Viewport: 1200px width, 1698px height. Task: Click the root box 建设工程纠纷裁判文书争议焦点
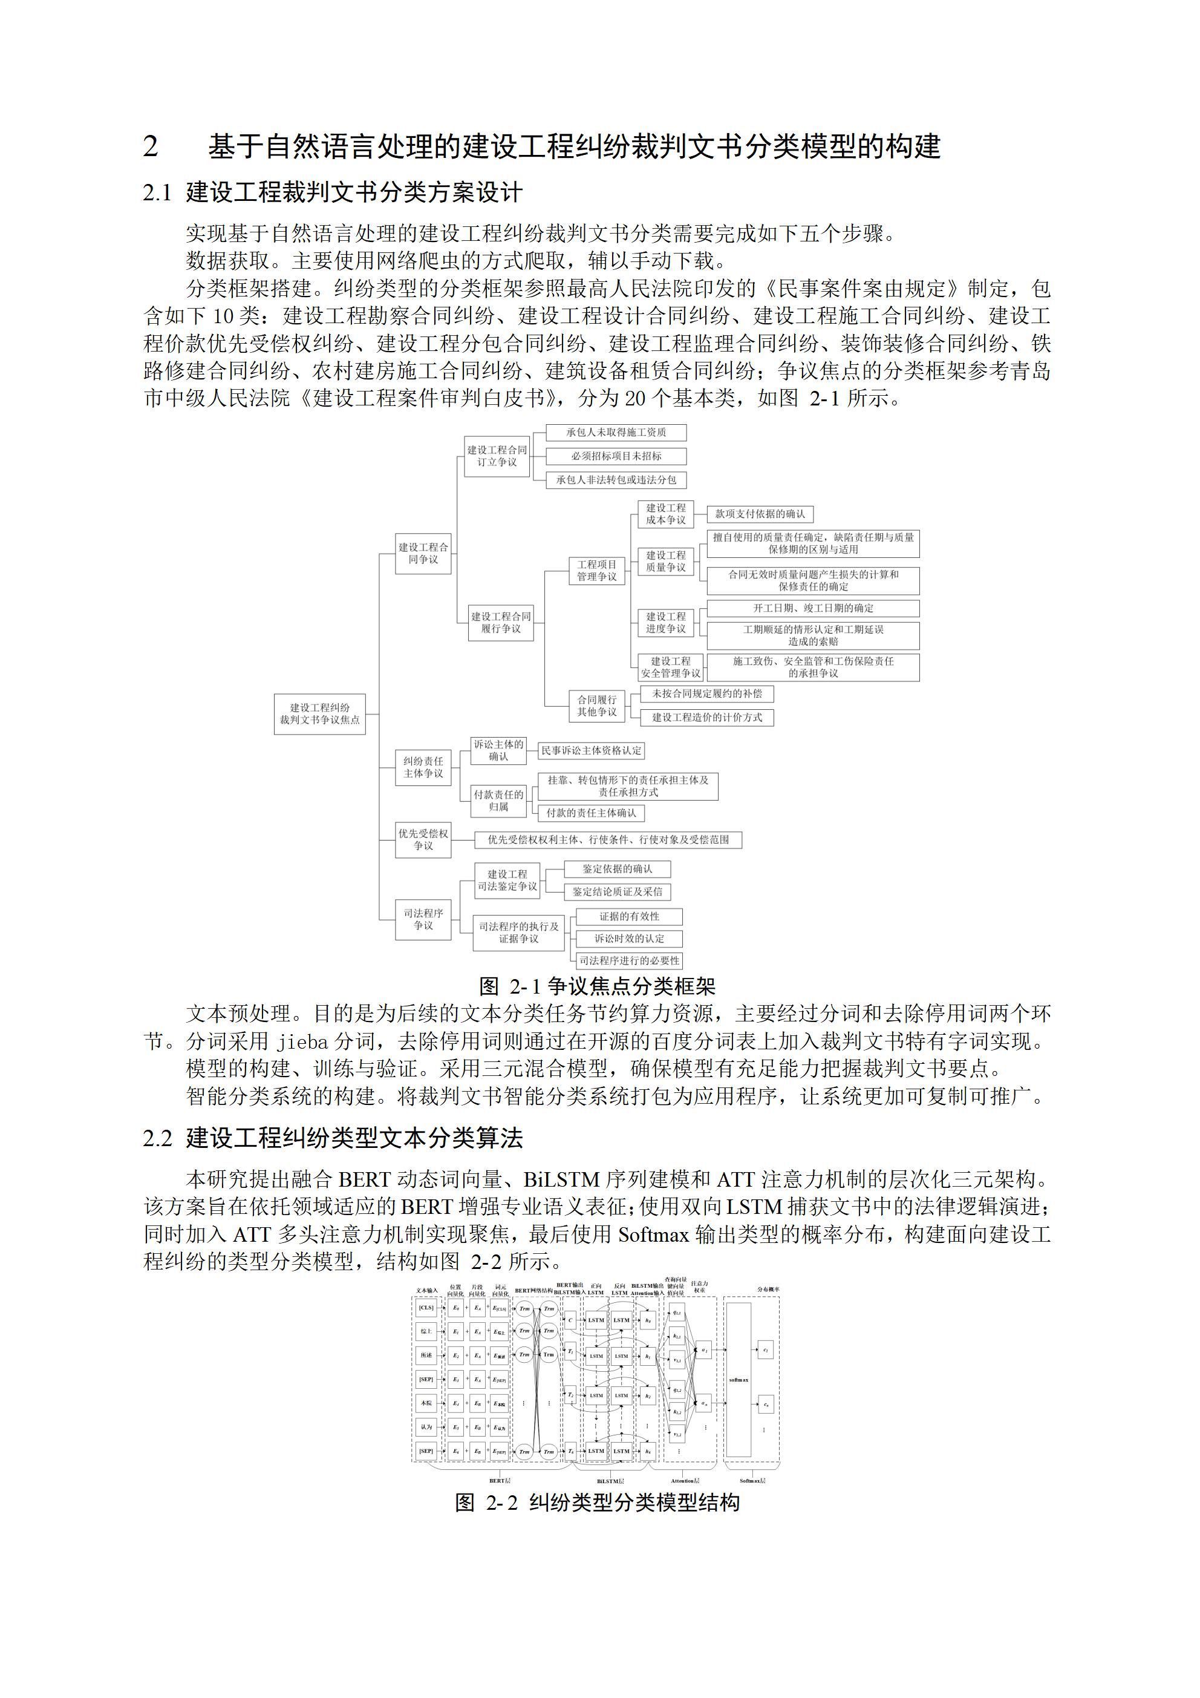(x=319, y=713)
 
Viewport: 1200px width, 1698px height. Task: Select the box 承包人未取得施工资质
(x=616, y=433)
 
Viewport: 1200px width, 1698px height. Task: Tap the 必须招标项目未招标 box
(x=616, y=456)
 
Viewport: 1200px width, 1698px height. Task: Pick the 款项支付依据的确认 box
(x=760, y=514)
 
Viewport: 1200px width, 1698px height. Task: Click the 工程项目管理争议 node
(x=596, y=570)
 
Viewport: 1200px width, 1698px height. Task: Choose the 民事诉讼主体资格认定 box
(x=591, y=750)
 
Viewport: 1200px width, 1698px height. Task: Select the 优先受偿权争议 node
(x=423, y=839)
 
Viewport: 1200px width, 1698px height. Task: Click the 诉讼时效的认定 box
(x=629, y=939)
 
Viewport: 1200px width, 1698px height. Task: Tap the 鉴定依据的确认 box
(x=618, y=869)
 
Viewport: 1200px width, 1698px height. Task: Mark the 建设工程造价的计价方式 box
(x=707, y=717)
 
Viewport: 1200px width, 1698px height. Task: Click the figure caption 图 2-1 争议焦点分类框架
(x=598, y=986)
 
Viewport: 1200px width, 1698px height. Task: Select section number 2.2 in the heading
(x=157, y=1138)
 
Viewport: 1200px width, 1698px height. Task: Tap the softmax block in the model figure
(x=738, y=1379)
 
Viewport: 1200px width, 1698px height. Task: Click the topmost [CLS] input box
(x=426, y=1308)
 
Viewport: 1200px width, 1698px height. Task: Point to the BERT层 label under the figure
(x=500, y=1481)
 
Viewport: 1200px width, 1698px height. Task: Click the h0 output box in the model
(x=648, y=1319)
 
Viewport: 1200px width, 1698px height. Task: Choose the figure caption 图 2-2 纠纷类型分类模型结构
(x=598, y=1503)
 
